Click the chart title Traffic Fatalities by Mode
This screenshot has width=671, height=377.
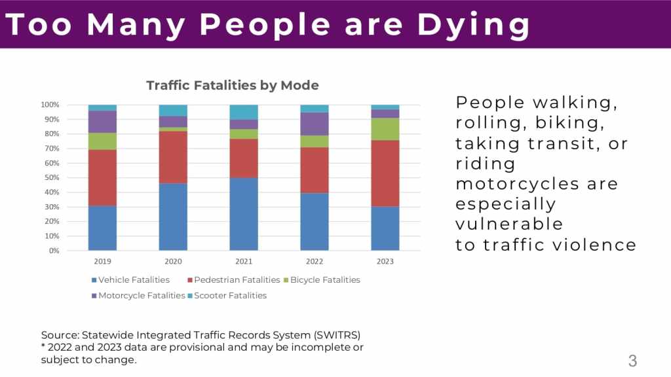pyautogui.click(x=232, y=86)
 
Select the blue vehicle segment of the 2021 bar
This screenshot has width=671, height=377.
pyautogui.click(x=244, y=214)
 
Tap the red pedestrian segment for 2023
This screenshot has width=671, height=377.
pyautogui.click(x=385, y=173)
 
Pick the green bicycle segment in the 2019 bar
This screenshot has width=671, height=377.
pyautogui.click(x=102, y=141)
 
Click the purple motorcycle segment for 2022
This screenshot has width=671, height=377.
pyautogui.click(x=314, y=124)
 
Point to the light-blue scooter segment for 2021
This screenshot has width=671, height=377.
pyautogui.click(x=244, y=112)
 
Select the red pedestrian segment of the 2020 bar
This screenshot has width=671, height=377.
pyautogui.click(x=173, y=157)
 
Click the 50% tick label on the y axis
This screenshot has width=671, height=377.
pyautogui.click(x=50, y=177)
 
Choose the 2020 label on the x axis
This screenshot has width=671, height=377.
pyautogui.click(x=173, y=261)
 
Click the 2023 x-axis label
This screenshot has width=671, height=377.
pyautogui.click(x=385, y=261)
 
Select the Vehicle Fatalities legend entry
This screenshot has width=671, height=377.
pyautogui.click(x=134, y=280)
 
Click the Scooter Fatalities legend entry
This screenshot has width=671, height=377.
pyautogui.click(x=230, y=296)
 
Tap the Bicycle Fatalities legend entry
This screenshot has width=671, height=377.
pyautogui.click(x=325, y=280)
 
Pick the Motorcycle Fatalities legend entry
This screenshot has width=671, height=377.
pyautogui.click(x=142, y=296)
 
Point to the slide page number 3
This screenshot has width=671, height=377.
pyautogui.click(x=632, y=361)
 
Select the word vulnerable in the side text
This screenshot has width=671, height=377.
pyautogui.click(x=509, y=224)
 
